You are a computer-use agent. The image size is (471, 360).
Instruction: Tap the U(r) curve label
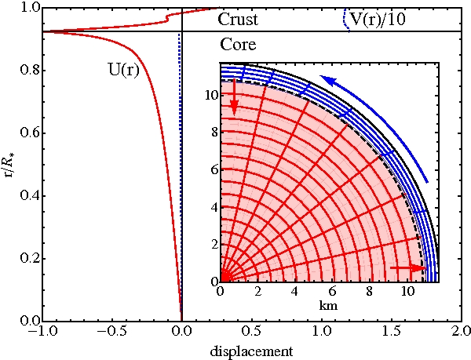[123, 69]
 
